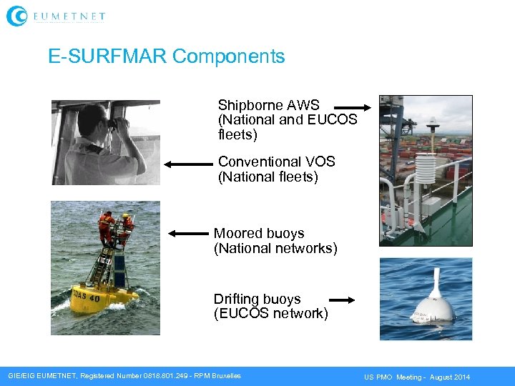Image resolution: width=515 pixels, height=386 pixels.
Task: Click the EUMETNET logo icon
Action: point(16,16)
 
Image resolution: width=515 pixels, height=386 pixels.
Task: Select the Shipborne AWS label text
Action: point(269,105)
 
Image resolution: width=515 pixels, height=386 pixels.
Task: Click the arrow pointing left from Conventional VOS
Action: point(188,164)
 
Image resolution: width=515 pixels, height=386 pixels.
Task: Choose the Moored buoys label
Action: point(259,234)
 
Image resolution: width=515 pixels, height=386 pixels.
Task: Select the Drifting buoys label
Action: point(257,299)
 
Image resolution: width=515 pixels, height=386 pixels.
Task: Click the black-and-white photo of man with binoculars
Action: point(105,142)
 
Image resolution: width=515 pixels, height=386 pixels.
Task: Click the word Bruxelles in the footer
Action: point(223,376)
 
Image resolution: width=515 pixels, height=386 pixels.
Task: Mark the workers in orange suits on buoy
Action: point(116,225)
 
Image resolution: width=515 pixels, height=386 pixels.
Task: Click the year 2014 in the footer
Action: point(461,377)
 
